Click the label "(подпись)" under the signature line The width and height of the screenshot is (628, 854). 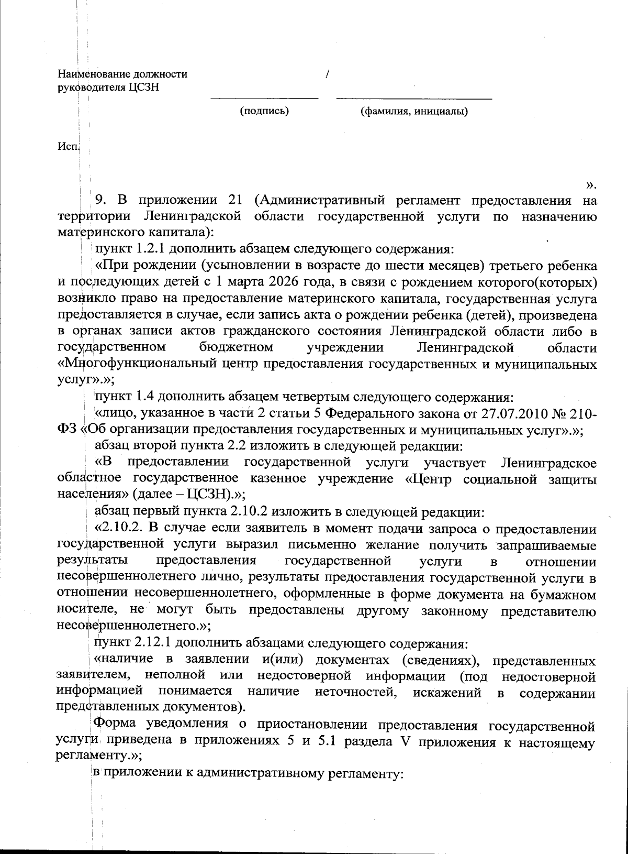click(x=264, y=111)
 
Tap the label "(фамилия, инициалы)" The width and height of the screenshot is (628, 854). click(x=414, y=111)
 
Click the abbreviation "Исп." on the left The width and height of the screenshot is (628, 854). click(x=68, y=147)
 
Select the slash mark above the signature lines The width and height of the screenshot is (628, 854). click(x=327, y=74)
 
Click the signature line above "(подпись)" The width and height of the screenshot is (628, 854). click(x=264, y=98)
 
